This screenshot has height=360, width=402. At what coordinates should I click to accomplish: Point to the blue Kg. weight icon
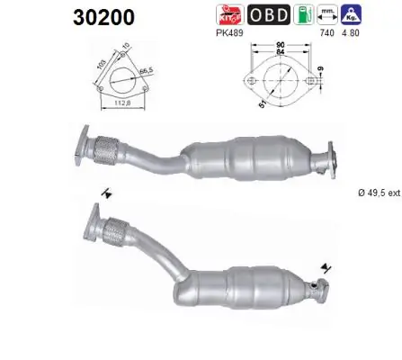351,13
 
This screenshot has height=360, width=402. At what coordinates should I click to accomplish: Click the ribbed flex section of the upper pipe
108,148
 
